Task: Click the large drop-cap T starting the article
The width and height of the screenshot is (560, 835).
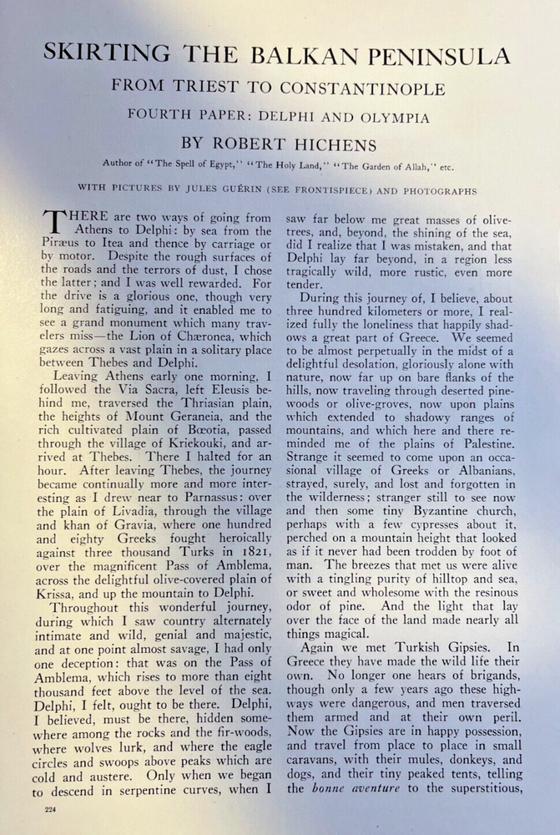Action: point(53,225)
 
